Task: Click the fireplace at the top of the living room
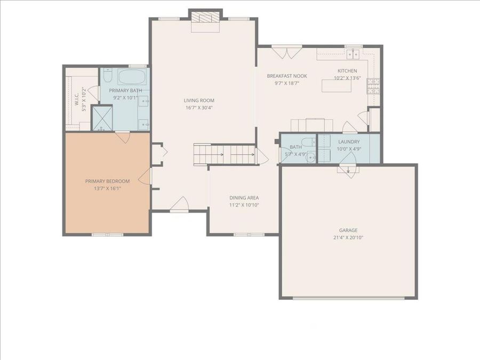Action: click(x=205, y=18)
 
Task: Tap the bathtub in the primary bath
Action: click(x=130, y=78)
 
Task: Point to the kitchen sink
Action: click(x=353, y=53)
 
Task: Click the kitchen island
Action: click(x=337, y=85)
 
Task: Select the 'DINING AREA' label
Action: click(x=244, y=197)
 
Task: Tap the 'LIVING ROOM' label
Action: click(x=199, y=100)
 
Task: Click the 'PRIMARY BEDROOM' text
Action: click(x=107, y=181)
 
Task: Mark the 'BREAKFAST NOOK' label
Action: click(x=287, y=76)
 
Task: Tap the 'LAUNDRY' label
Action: click(x=349, y=142)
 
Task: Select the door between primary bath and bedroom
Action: click(x=123, y=138)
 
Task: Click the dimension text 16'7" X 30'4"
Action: click(x=199, y=108)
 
